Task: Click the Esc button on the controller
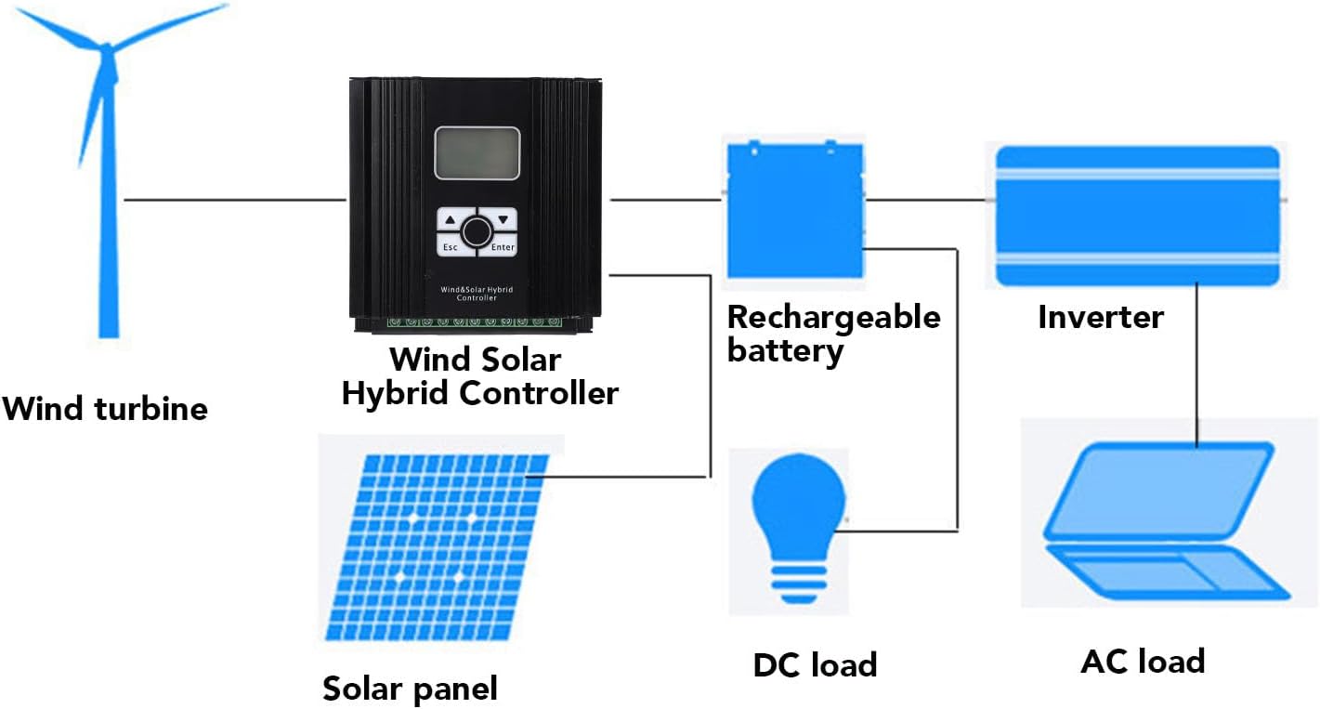pos(450,246)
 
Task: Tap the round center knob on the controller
pos(477,231)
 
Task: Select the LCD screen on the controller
pos(477,153)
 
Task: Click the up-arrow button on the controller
pos(451,220)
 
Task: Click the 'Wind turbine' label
pos(105,409)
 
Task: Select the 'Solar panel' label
pos(410,689)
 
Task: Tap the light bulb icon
pos(799,525)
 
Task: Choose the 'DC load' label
pos(815,664)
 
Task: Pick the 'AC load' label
pos(1143,662)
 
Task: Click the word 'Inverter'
pos(1100,317)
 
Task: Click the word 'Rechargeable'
pos(833,317)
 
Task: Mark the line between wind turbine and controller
pos(234,199)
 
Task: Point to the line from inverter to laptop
pos(1197,362)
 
